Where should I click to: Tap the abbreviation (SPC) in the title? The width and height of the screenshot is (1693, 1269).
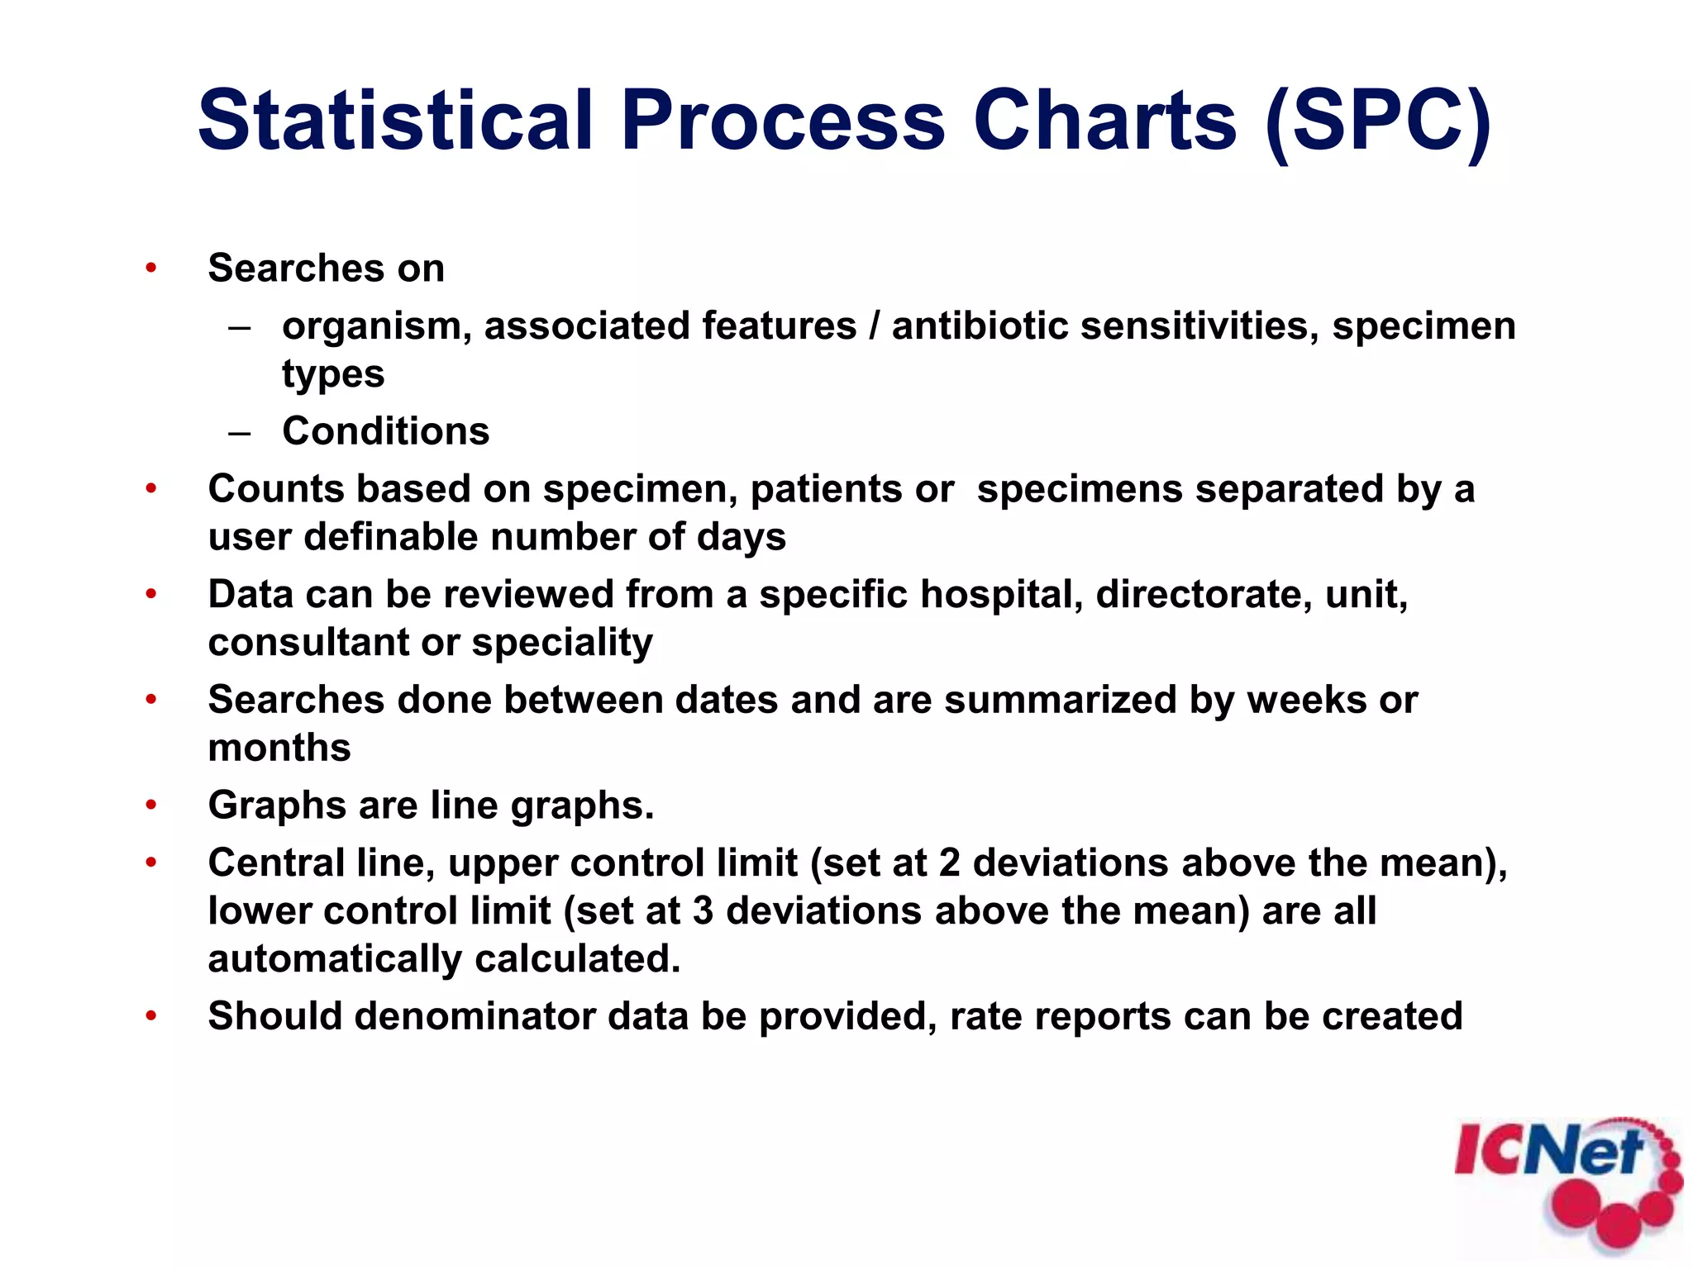click(1378, 121)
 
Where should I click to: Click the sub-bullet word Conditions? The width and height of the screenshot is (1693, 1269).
click(385, 431)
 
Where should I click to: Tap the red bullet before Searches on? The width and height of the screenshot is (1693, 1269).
click(150, 268)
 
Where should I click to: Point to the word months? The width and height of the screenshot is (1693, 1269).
click(279, 748)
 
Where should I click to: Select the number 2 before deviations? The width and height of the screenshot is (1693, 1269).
click(949, 863)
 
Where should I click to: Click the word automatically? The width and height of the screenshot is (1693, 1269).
click(335, 960)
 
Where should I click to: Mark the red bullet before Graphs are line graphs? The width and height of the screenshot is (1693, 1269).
click(150, 805)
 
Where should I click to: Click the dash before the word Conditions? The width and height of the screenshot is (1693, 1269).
click(240, 432)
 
